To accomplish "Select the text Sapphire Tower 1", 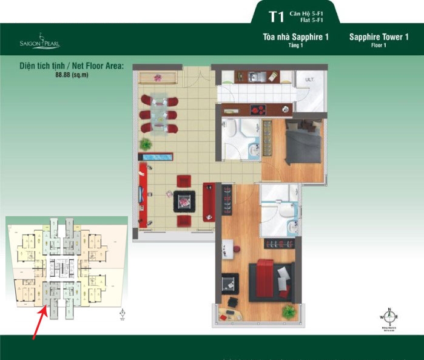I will (x=379, y=38).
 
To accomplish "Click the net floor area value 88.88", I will (x=63, y=75).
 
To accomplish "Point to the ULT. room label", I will (x=309, y=79).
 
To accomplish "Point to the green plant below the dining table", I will (x=146, y=144).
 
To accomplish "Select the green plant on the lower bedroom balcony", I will (x=288, y=311).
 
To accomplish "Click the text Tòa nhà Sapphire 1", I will (x=295, y=38).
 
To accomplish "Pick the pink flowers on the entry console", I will (x=158, y=77).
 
